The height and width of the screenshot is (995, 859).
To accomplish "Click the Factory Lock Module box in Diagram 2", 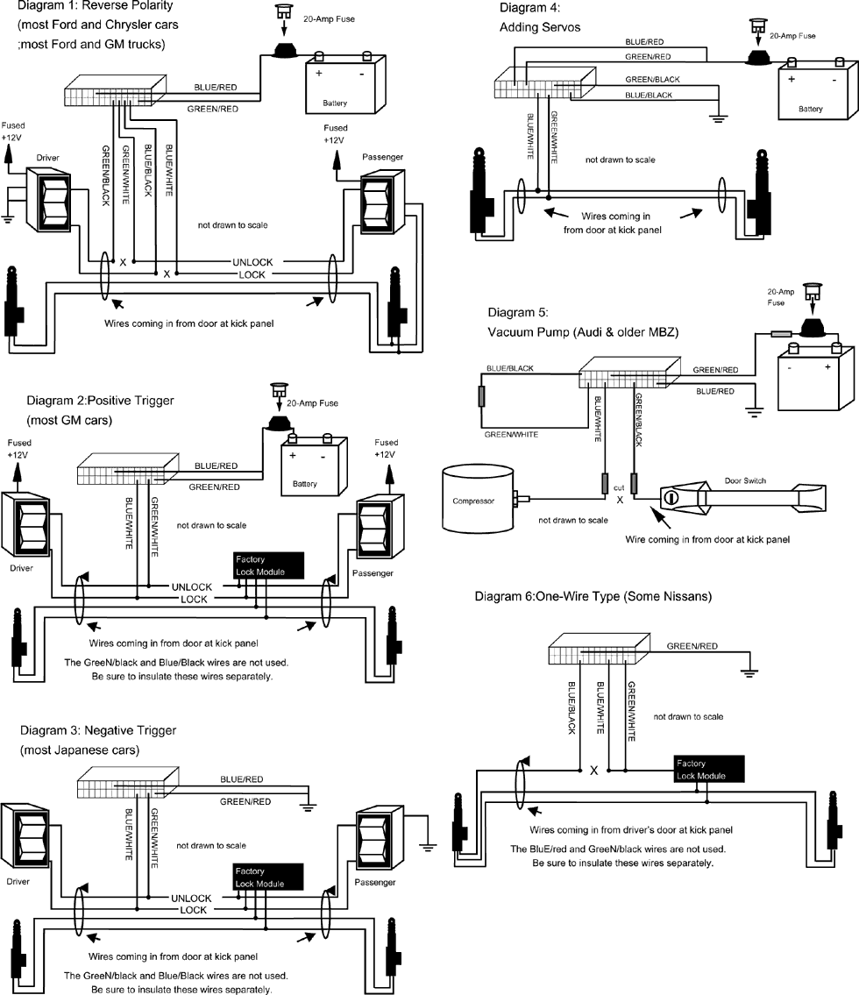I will point(268,565).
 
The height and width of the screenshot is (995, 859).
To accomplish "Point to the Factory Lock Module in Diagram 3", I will point(268,878).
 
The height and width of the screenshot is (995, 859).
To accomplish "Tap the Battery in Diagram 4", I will point(811,92).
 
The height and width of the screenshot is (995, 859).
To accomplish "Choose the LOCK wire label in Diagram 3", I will point(194,910).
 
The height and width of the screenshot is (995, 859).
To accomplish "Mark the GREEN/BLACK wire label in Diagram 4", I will point(652,80).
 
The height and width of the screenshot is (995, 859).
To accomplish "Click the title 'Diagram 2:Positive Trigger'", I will point(100,401).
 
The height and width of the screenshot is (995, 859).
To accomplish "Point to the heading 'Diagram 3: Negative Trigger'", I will point(102,730).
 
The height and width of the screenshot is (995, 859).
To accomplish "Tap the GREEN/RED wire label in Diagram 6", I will point(692,646).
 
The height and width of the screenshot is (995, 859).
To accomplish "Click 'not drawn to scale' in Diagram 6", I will point(688,716).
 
